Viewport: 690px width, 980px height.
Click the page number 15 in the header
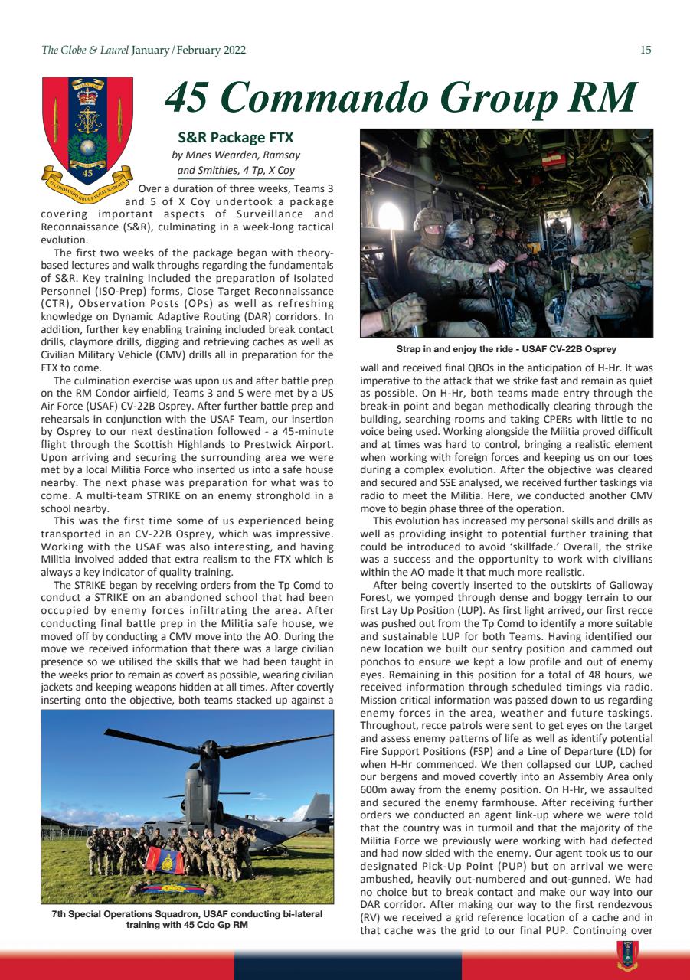646,51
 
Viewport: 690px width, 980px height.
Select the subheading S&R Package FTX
236,139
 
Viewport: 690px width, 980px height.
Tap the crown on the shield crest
87,96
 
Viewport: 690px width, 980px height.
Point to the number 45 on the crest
87,174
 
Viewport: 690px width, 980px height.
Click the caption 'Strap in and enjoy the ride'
505,349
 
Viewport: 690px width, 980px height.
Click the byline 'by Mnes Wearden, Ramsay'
235,155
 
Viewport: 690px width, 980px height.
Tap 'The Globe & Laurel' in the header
84,51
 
